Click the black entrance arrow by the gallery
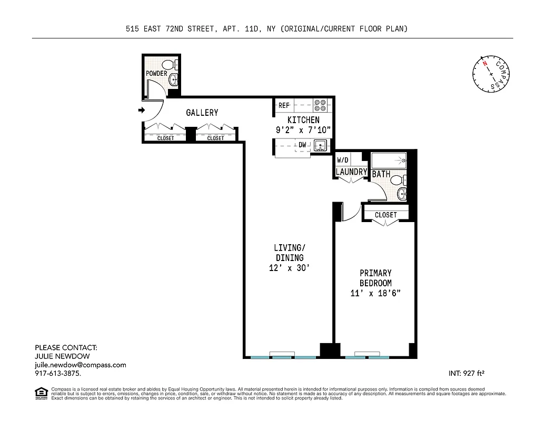(x=141, y=110)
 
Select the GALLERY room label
(x=202, y=113)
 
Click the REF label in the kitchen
(x=284, y=105)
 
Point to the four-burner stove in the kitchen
(x=320, y=105)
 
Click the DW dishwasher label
(x=303, y=144)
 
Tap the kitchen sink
(x=320, y=146)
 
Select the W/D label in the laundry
(x=343, y=160)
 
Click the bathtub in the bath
(x=389, y=159)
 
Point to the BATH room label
(x=381, y=173)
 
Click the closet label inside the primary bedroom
(x=386, y=215)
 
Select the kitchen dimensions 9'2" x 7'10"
(x=303, y=129)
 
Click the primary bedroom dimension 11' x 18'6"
(x=375, y=293)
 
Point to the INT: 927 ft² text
(x=466, y=374)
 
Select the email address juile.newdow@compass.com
(x=81, y=365)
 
